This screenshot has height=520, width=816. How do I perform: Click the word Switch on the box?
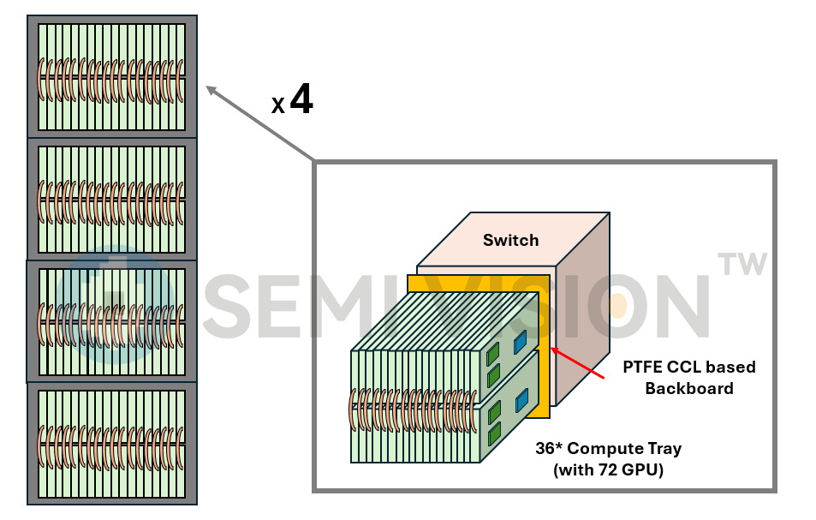point(510,240)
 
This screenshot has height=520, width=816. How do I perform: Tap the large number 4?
point(301,100)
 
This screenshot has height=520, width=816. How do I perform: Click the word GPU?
point(639,469)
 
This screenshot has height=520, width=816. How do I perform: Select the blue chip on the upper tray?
point(520,342)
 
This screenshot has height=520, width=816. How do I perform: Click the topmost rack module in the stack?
point(112,76)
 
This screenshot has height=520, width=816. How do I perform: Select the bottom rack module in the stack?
point(112,443)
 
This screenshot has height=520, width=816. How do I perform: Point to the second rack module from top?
point(112,199)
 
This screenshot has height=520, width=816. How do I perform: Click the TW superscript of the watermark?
point(742,265)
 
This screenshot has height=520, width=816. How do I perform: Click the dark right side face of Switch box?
point(583,308)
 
